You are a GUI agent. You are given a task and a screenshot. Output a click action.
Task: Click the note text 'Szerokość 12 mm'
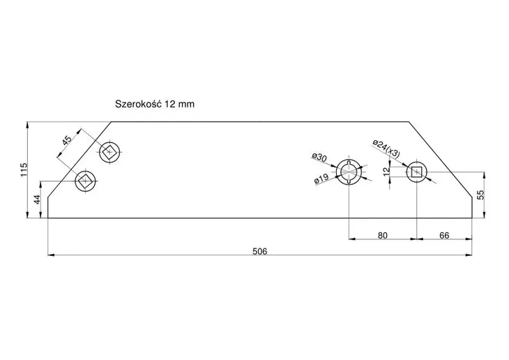(154, 103)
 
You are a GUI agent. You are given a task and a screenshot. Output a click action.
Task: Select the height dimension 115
(24, 170)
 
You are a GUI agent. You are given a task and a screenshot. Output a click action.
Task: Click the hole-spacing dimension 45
(67, 140)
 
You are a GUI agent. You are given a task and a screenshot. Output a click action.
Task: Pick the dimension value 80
(382, 235)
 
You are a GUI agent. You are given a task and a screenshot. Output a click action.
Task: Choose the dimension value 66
(443, 235)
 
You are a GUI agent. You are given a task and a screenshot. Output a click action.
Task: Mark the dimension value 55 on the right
(480, 195)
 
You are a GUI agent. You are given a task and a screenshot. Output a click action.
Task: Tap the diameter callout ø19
(321, 179)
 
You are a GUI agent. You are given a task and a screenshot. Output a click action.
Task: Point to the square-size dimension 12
(386, 171)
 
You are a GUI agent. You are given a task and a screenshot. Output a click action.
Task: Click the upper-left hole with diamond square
(109, 151)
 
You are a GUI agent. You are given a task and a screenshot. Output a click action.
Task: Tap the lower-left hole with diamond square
(86, 181)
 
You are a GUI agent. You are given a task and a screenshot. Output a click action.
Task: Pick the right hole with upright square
(416, 171)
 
